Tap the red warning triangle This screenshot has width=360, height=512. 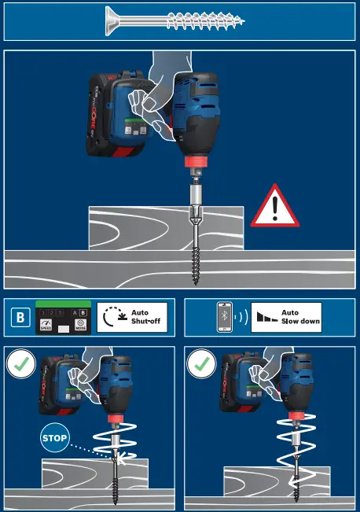point(274,208)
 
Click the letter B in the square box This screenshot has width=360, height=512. point(20,319)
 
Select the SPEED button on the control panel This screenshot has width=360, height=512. point(46,325)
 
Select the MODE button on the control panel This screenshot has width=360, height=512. point(80,325)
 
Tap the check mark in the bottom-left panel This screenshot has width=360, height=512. point(20,364)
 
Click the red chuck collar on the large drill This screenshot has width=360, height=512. point(193,164)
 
